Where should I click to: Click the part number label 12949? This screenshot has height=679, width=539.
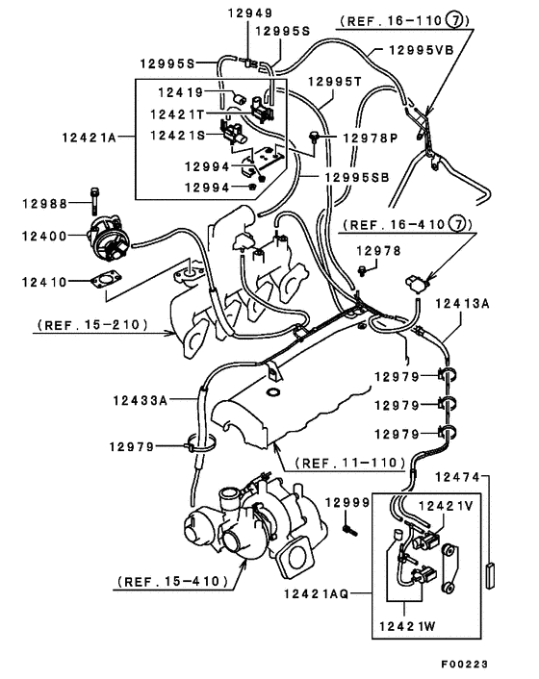[250, 13]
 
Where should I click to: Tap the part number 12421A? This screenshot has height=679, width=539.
[86, 138]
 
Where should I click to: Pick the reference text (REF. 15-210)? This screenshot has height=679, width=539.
[91, 325]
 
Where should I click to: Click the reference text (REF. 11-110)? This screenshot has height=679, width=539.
[350, 462]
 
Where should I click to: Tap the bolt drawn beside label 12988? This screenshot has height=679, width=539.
[93, 202]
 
